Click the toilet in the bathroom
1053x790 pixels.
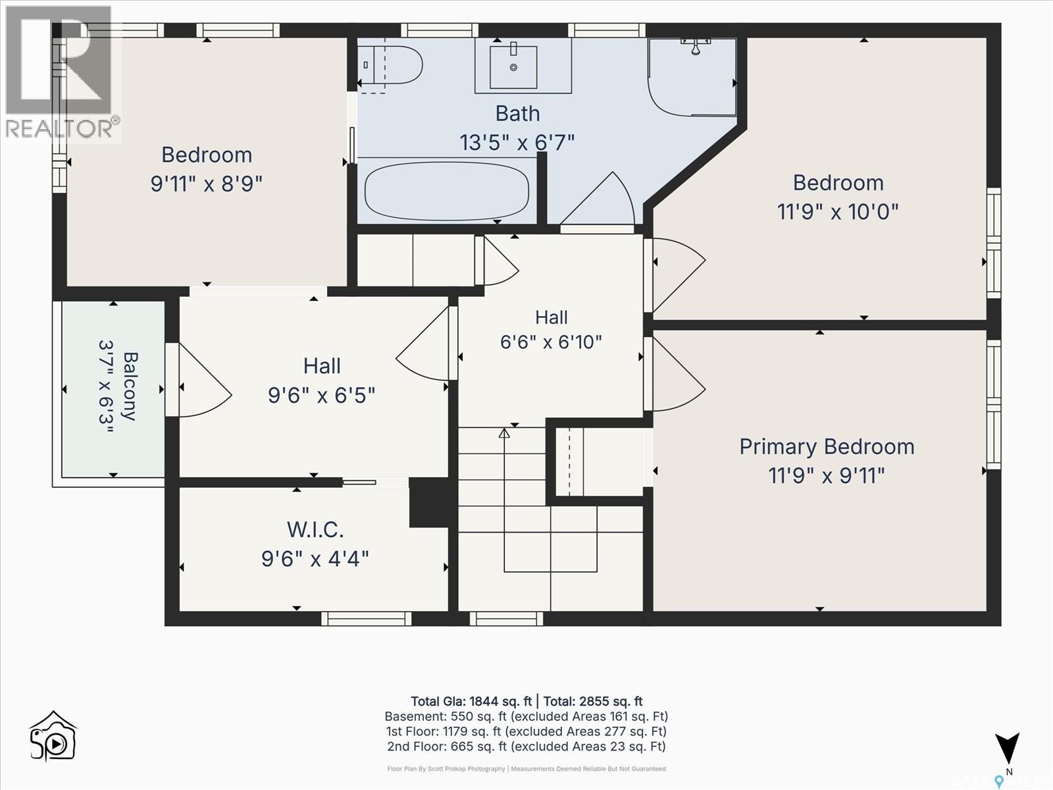click(390, 65)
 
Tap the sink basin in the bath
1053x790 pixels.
click(513, 67)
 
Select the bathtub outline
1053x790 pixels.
click(447, 191)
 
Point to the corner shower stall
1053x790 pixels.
click(692, 77)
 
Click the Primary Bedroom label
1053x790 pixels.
click(827, 446)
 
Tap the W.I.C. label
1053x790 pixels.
click(315, 529)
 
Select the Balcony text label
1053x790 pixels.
click(130, 386)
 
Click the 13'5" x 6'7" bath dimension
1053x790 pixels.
click(517, 142)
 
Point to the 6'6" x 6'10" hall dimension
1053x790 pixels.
click(551, 342)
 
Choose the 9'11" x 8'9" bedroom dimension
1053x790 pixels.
click(206, 184)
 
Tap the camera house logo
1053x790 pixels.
click(53, 736)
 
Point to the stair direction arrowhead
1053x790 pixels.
click(503, 433)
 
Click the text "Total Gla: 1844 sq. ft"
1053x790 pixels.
click(471, 701)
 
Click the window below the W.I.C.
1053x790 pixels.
click(366, 619)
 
